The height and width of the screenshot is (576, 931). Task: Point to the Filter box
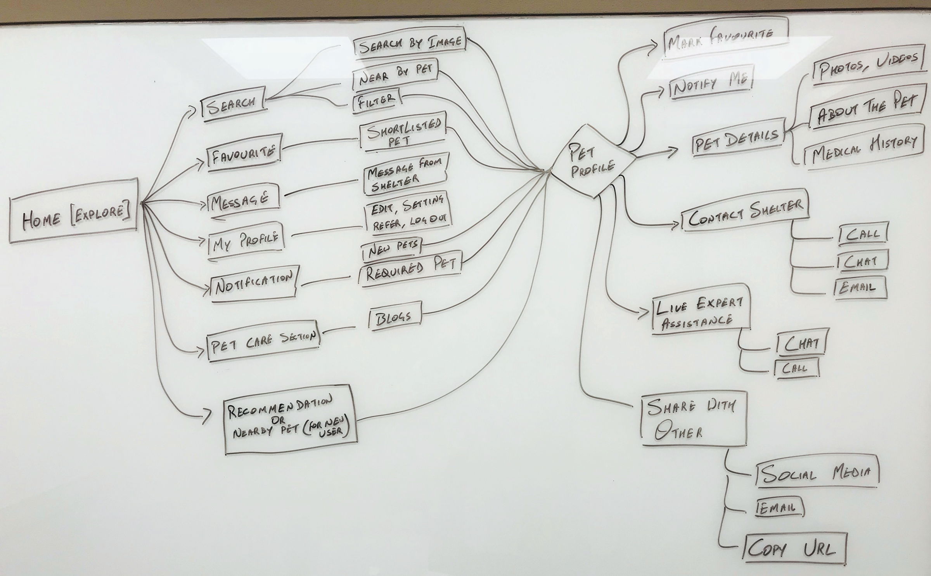point(376,101)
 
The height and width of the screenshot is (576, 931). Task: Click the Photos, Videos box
point(867,67)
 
